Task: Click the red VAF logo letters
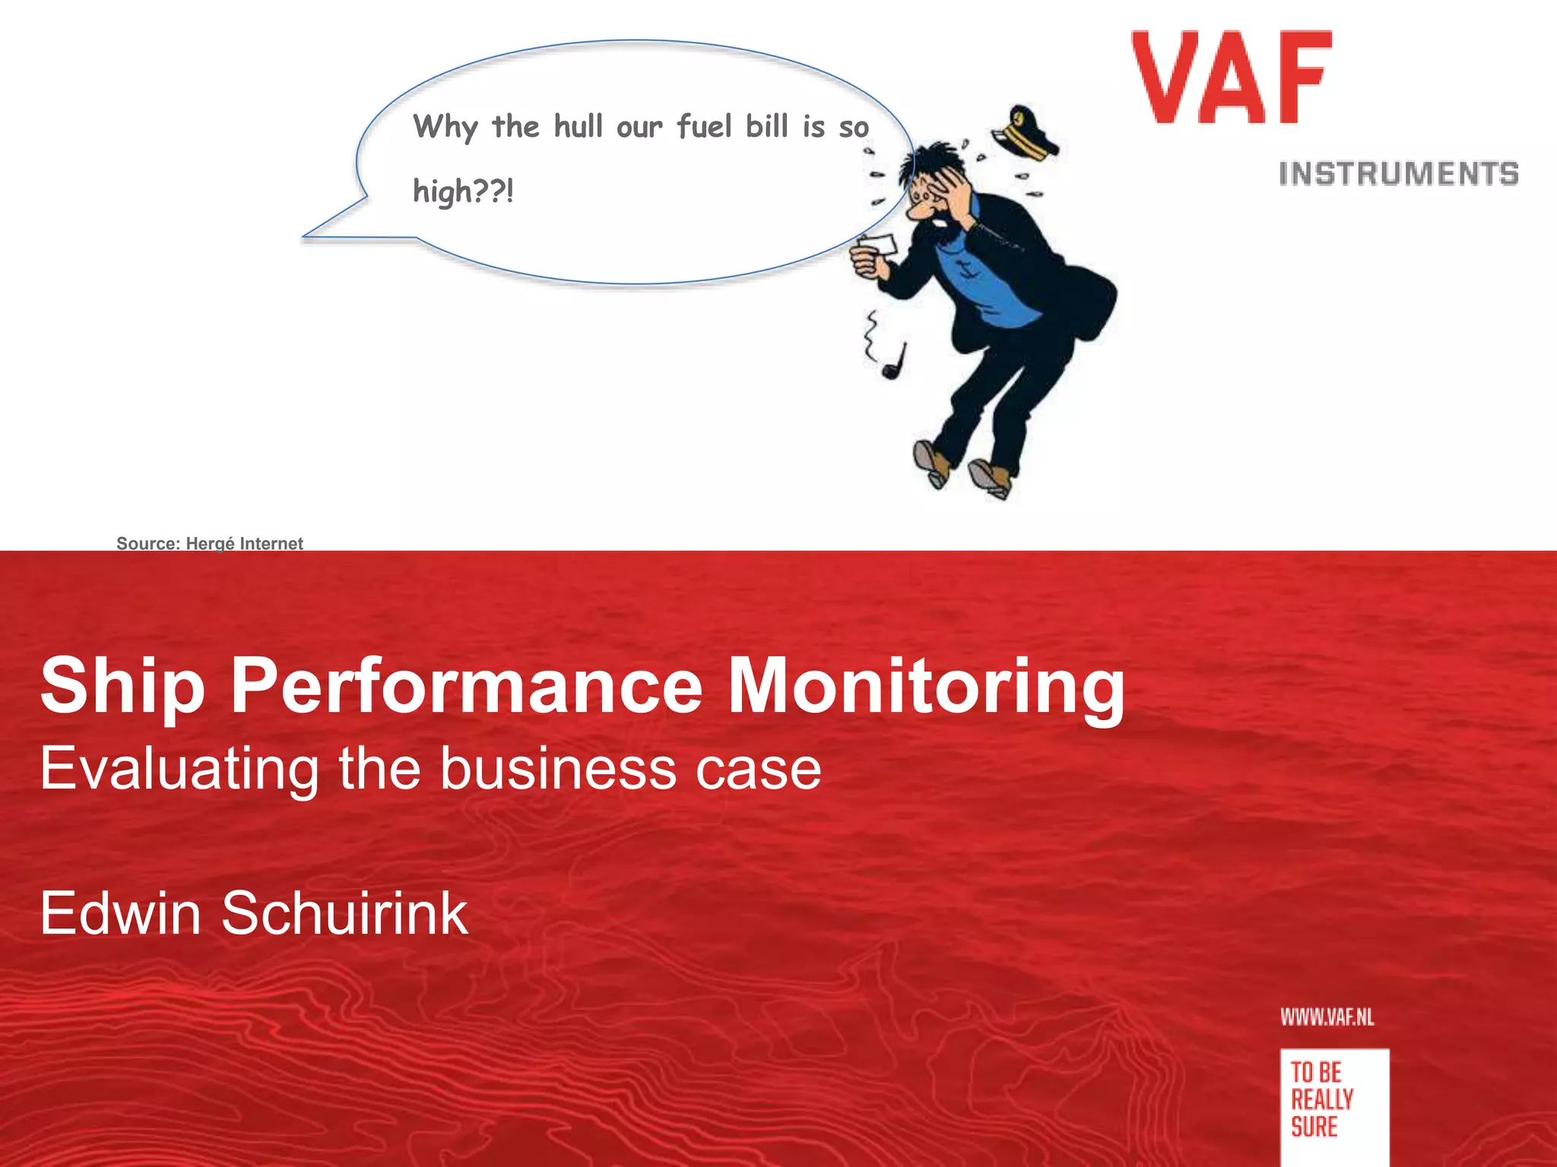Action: (1232, 77)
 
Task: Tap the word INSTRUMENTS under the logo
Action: (1398, 174)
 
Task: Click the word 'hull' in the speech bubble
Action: (578, 126)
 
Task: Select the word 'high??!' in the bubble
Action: (463, 190)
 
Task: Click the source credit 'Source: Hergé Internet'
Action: (209, 543)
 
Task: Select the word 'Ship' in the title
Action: (122, 686)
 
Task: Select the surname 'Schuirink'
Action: (344, 912)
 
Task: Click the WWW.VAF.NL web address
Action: (1327, 1017)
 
